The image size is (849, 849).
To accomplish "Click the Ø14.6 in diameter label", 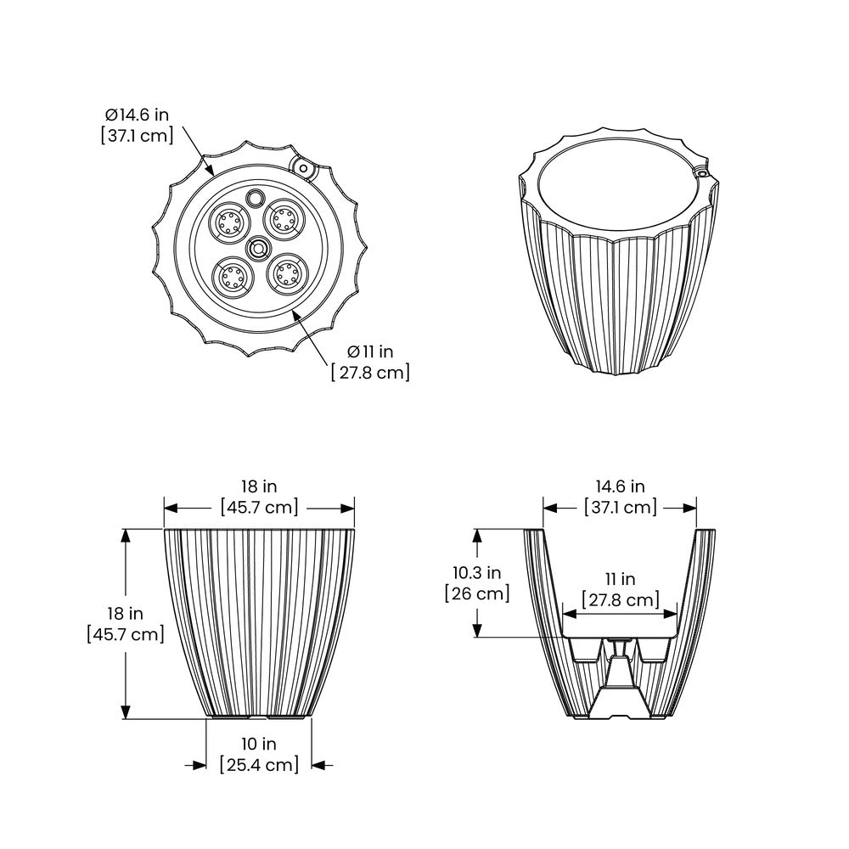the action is [x=137, y=115].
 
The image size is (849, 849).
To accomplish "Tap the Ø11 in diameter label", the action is [x=370, y=352].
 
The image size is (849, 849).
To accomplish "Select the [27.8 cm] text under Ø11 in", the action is [x=370, y=373].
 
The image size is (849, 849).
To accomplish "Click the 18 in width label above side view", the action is [x=259, y=486].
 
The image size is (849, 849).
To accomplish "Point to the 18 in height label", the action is [x=125, y=614].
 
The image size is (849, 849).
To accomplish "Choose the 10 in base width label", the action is [x=259, y=744].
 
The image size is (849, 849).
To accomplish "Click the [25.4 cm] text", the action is [x=259, y=765].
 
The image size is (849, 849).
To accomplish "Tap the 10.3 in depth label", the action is [x=477, y=572].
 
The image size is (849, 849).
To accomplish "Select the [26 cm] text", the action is [x=477, y=593].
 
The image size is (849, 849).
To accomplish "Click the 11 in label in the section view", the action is [x=620, y=579].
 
